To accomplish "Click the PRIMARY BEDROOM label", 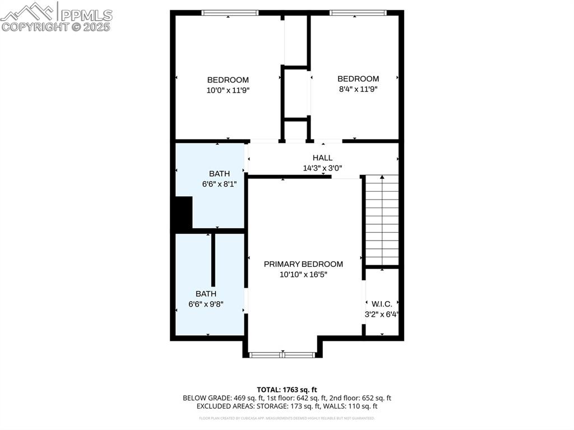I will pos(303,264).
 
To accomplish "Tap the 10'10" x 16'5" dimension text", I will pos(303,274).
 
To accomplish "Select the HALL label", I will pos(322,158).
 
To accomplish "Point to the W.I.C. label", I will pos(382,304).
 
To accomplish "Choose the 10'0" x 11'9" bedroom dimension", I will pos(228,90).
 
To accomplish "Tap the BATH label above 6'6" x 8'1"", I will pos(219,174).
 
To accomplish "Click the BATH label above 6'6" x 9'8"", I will pos(206,294).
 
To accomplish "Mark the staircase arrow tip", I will pos(382,178).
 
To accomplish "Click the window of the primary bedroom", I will pos(283,354).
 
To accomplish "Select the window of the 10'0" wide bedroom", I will pos(230,13).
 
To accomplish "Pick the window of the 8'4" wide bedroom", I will pos(358,13).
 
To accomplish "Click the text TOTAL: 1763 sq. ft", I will pos(287,390).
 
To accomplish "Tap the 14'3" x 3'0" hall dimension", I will pos(322,168).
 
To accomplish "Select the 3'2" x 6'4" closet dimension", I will pos(382,315).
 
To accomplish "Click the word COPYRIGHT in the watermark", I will pos(35,26).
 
